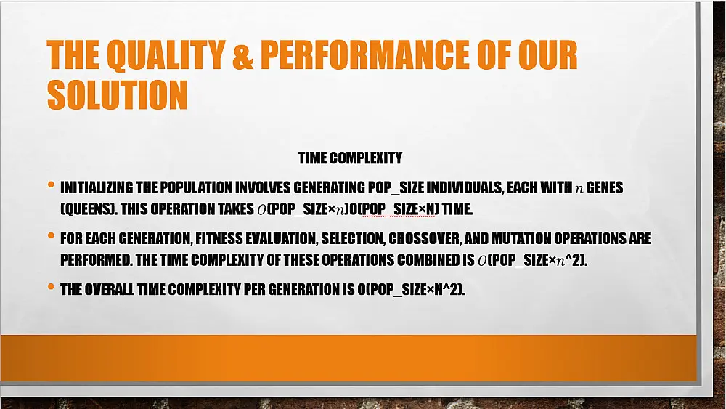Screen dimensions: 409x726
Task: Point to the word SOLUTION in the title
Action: click(117, 95)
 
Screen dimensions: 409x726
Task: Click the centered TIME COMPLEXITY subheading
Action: click(350, 158)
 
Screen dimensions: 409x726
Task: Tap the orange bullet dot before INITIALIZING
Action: click(52, 186)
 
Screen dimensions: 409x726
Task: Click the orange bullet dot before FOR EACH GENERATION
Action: click(52, 237)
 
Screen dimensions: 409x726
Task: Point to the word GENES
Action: click(605, 188)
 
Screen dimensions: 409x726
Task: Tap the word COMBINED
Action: click(425, 260)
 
